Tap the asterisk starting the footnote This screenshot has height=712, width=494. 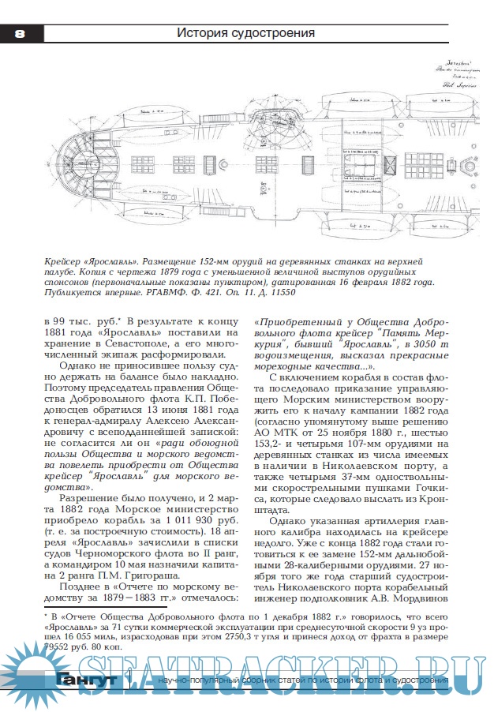[46, 611]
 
